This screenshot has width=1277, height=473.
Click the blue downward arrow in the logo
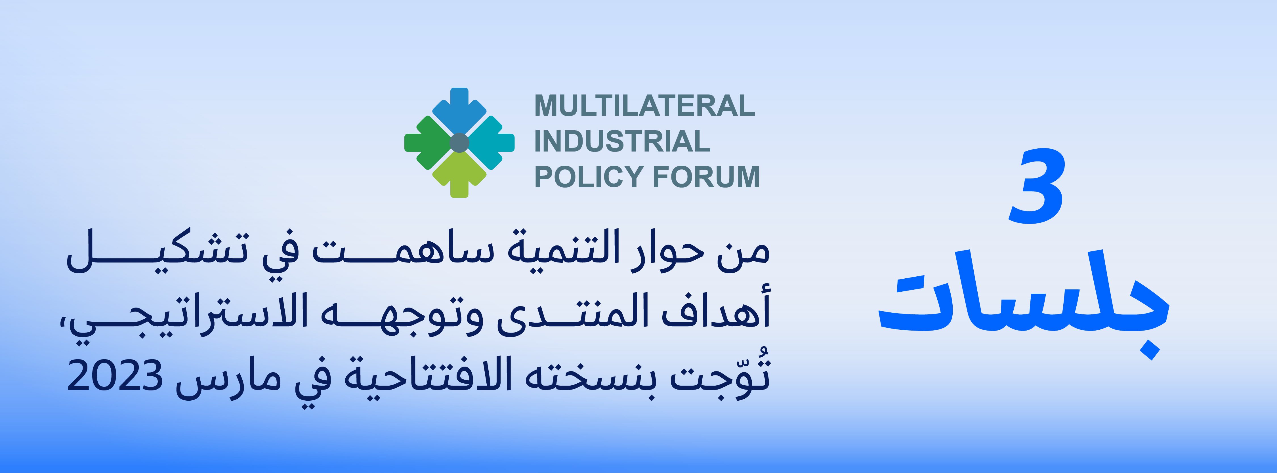click(x=459, y=110)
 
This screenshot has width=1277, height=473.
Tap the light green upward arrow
click(x=459, y=175)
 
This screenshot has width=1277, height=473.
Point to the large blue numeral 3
click(x=1036, y=186)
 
